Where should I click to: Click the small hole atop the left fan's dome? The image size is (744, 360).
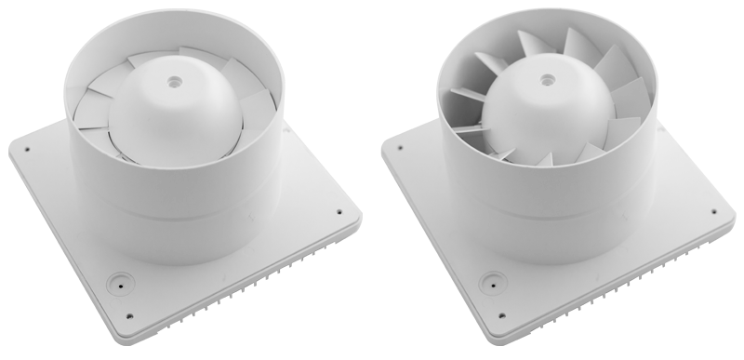(x=173, y=82)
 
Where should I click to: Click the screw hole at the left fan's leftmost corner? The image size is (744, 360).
(x=27, y=147)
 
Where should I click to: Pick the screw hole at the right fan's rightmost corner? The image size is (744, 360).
(x=714, y=210)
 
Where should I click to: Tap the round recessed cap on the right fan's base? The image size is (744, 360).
(x=490, y=279)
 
